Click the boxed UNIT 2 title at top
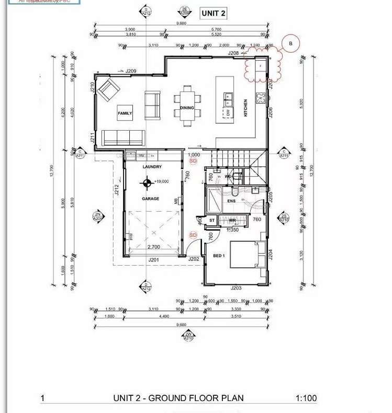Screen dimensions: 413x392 [214, 14]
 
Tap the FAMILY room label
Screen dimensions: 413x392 [125, 113]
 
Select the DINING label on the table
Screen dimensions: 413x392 [187, 108]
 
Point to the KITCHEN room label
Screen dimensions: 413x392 [245, 108]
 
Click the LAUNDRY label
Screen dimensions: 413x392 [152, 167]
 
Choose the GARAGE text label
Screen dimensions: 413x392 [151, 199]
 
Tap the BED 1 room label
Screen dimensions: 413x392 [219, 256]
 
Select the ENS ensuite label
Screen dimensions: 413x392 [231, 201]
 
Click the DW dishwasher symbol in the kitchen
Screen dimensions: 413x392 [228, 112]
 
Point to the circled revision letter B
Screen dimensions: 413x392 [291, 44]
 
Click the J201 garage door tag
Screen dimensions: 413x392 [153, 260]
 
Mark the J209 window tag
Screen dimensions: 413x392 [130, 71]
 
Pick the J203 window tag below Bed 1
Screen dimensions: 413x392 [236, 288]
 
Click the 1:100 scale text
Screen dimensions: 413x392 [306, 398]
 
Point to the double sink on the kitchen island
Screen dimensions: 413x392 [228, 97]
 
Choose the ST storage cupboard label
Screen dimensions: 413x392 [212, 221]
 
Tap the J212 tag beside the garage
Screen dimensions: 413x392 [117, 190]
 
